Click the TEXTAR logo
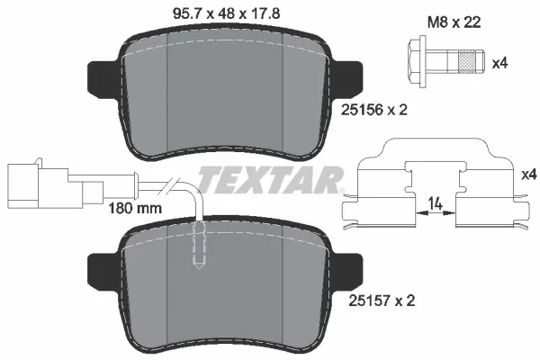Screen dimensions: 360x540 [x=270, y=179]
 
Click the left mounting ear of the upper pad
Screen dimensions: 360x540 [x=103, y=79]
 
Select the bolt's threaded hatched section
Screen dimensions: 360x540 [x=464, y=61]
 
